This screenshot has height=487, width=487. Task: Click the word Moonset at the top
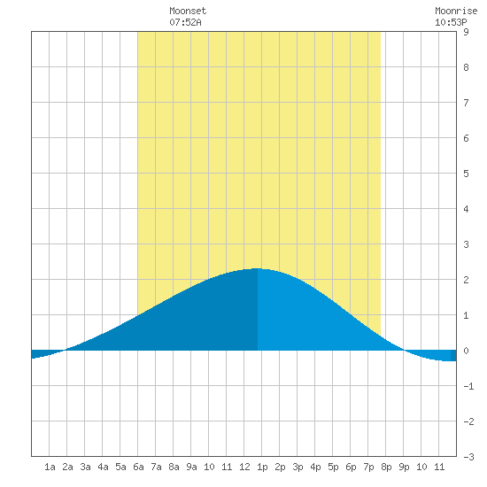[x=188, y=11]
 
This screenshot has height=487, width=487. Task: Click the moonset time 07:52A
[x=185, y=22]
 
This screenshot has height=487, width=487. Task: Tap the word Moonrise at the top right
[x=456, y=11]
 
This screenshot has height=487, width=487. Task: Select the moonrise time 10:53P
[x=451, y=22]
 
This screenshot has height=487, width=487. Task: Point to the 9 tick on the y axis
[x=466, y=32]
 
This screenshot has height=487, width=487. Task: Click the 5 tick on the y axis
[x=466, y=174]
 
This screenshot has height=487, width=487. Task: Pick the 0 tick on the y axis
[x=466, y=351]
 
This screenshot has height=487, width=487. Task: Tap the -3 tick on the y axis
[x=468, y=457]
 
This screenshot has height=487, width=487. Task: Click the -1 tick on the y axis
[x=468, y=386]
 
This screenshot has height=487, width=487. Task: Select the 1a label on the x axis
[x=50, y=467]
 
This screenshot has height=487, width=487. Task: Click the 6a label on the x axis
[x=138, y=467]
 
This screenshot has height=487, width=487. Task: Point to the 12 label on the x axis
[x=244, y=467]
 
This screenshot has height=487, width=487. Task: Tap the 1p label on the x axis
[x=262, y=467]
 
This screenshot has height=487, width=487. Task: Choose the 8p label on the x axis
[x=386, y=467]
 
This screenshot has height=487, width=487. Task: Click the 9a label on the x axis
[x=191, y=467]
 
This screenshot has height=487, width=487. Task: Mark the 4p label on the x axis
[x=315, y=467]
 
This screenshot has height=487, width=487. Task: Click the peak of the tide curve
[x=257, y=268]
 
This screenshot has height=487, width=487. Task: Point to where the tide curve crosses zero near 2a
[x=65, y=351]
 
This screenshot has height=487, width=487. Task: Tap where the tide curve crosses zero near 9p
[x=404, y=351]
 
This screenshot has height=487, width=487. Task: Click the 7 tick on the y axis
[x=466, y=103]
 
